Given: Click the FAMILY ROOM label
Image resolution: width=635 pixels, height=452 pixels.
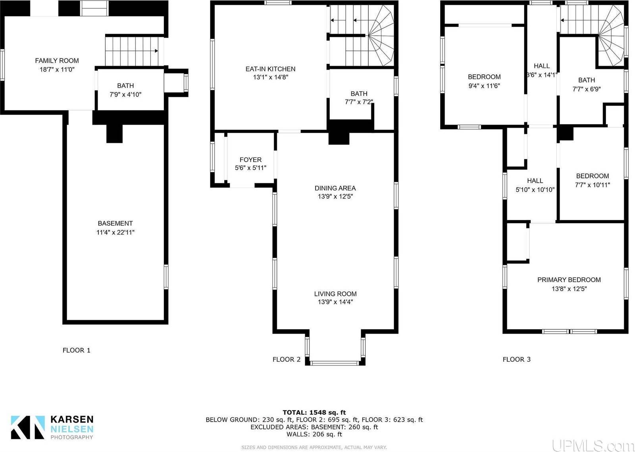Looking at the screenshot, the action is tap(57, 61).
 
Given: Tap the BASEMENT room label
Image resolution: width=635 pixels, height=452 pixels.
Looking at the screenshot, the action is tap(115, 223).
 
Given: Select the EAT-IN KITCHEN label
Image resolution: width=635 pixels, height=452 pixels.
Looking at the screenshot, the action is tap(270, 69).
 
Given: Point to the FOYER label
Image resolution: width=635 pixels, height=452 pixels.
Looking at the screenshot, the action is tap(250, 160).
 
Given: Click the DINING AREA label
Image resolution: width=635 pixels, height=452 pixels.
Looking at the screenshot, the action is tap(335, 188).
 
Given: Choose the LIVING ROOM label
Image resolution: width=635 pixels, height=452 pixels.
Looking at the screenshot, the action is tap(335, 294).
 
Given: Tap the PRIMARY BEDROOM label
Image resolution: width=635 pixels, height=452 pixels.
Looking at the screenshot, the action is tap(569, 280).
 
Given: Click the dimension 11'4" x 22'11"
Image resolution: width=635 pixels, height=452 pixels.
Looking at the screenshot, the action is tap(115, 232).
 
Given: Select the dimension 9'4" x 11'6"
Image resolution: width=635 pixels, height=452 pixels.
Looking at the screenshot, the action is tap(484, 86).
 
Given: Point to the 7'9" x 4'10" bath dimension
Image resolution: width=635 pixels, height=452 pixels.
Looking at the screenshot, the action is tap(125, 95).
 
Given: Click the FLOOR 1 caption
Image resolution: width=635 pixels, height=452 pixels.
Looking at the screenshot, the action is tap(77, 350).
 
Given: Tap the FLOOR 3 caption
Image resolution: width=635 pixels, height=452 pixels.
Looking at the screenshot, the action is tap(516, 359).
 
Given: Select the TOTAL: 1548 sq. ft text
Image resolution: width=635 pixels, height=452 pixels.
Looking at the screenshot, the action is tap(314, 412).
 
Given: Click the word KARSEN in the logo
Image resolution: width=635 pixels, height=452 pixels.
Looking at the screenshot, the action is tap(72, 419).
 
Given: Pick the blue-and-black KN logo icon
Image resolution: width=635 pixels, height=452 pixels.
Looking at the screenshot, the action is tap(28, 427).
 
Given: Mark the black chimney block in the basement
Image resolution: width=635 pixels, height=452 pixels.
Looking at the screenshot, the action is tap(115, 133).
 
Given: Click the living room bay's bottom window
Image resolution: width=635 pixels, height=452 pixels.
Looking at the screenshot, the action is tap(335, 363).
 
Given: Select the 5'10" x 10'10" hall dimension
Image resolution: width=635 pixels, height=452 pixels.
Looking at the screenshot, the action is tap(535, 189).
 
